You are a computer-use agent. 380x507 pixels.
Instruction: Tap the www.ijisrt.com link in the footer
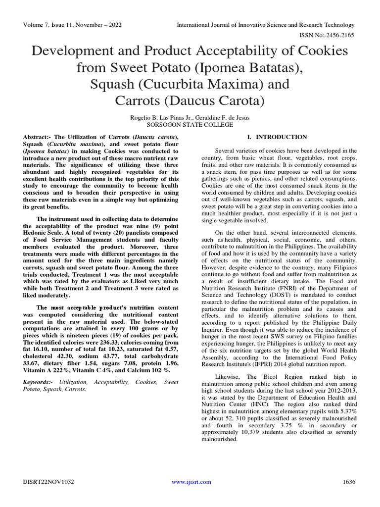click(191, 482)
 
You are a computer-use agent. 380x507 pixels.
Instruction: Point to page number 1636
click(349, 482)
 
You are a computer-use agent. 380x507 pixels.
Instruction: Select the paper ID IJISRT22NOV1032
click(47, 482)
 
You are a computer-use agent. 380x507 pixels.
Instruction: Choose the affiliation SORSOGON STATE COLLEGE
click(190, 125)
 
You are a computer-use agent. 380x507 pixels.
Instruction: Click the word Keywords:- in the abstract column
click(39, 382)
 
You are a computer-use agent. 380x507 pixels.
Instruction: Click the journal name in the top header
click(266, 25)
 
